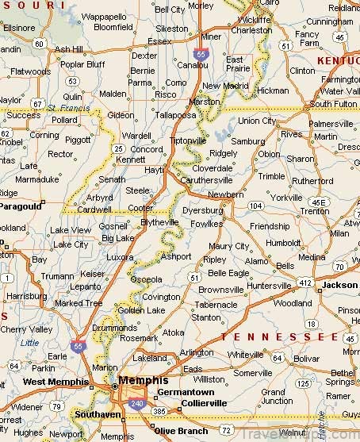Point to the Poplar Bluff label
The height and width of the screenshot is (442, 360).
click(x=82, y=63)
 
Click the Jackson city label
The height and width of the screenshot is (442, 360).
click(x=339, y=284)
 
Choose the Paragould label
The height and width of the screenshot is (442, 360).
click(x=21, y=206)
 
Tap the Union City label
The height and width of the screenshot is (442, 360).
click(x=258, y=121)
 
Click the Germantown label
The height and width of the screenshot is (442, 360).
click(x=186, y=392)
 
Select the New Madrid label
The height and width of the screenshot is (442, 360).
click(x=222, y=86)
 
